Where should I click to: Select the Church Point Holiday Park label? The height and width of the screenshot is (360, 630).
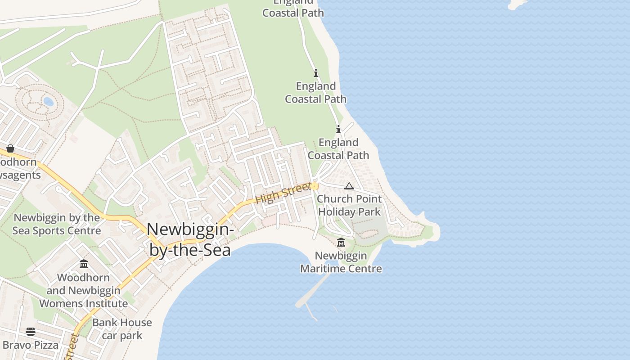click(x=349, y=205)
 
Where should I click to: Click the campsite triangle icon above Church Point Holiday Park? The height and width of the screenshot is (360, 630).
click(x=349, y=186)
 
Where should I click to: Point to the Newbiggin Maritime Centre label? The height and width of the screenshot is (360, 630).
click(x=341, y=262)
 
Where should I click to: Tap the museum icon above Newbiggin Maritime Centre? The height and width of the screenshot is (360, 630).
click(x=341, y=243)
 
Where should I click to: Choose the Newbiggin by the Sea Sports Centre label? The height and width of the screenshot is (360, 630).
click(x=57, y=224)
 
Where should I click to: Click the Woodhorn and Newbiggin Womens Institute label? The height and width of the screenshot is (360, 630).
click(x=84, y=291)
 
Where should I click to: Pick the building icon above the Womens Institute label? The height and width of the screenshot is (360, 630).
click(x=84, y=264)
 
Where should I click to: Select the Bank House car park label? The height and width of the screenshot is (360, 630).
click(x=122, y=329)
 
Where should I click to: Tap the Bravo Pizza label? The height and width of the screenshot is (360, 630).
click(x=31, y=345)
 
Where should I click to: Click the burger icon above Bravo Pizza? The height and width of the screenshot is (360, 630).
click(x=31, y=332)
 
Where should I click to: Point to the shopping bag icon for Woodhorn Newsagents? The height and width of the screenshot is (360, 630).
click(x=10, y=148)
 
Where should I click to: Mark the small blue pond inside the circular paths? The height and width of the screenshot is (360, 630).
click(x=48, y=102)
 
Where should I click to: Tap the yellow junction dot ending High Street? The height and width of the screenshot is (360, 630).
click(x=315, y=186)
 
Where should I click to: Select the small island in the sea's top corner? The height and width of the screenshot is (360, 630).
click(x=517, y=4)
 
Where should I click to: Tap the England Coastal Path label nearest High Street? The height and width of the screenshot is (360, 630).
click(x=338, y=149)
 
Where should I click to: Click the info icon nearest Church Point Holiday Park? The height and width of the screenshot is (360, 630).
click(x=338, y=130)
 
